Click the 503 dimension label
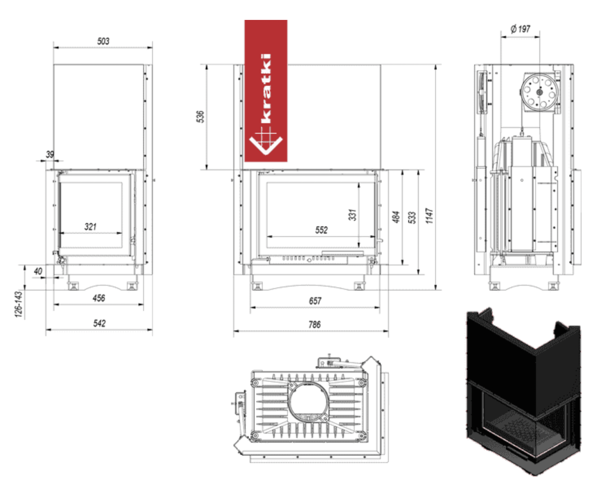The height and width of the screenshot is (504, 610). click(x=103, y=41)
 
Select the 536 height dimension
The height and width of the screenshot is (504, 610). click(x=200, y=116)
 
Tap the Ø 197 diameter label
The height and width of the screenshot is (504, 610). click(x=521, y=29)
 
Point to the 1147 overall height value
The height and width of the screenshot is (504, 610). click(x=429, y=216)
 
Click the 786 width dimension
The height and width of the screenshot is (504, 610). click(x=314, y=324)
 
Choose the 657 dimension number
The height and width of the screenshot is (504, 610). click(x=315, y=301)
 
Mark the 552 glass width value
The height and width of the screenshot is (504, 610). click(x=321, y=230)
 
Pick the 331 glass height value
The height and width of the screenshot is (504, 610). click(x=353, y=215)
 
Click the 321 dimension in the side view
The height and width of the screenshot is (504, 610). click(x=90, y=226)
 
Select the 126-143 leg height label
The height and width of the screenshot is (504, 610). click(x=18, y=304)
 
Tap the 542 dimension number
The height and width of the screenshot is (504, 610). click(x=99, y=323)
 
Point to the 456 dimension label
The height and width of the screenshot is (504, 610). click(x=99, y=298)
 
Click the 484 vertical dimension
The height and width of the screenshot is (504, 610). click(x=396, y=217)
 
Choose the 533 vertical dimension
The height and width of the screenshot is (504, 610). click(x=412, y=217)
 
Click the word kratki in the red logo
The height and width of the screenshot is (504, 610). click(x=266, y=88)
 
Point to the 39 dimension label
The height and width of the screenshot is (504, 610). click(x=50, y=154)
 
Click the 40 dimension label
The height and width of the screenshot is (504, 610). click(x=38, y=271)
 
